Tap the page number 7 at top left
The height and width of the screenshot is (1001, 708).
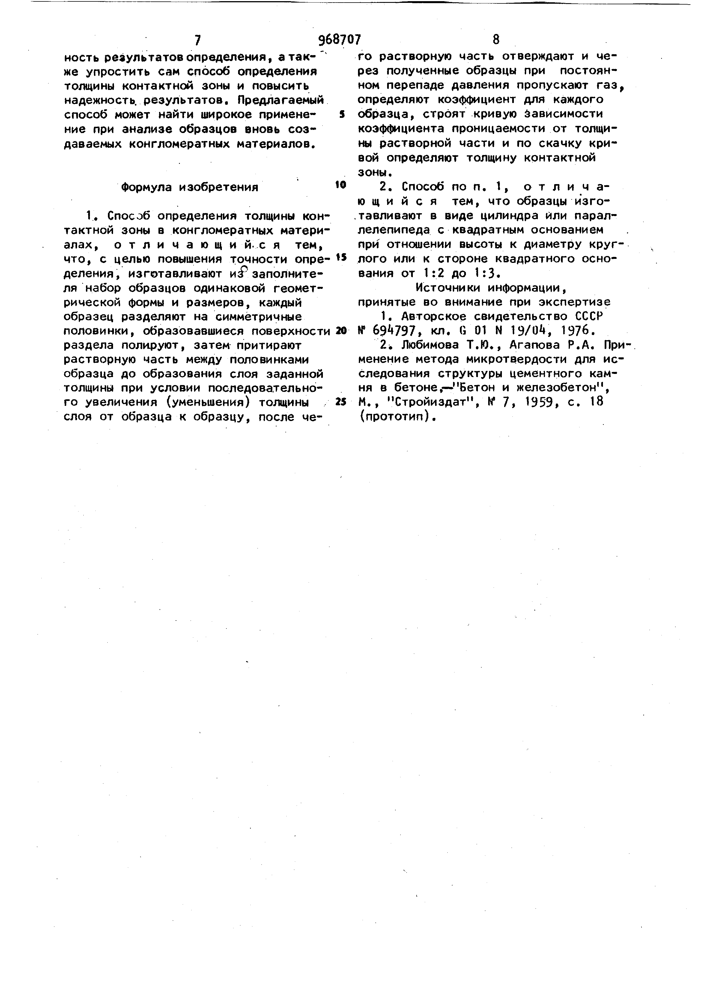[198, 41]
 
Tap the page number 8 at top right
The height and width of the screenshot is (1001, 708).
[496, 40]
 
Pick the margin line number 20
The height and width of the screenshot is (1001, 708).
[341, 331]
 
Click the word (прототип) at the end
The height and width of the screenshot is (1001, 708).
[397, 416]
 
